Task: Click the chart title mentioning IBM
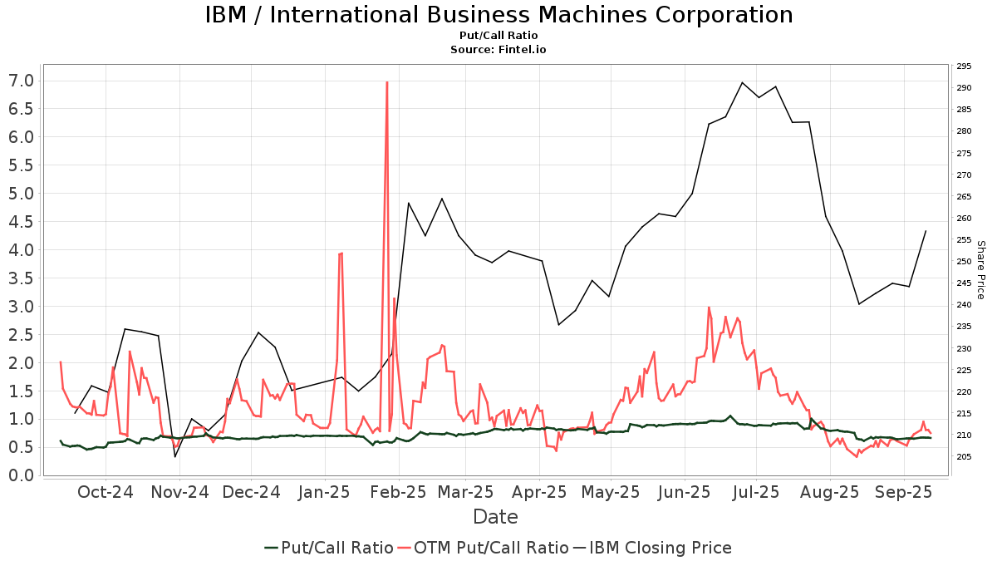498,15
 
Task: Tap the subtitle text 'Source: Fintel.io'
498,50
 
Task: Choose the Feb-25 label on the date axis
399,492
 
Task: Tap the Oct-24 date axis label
106,492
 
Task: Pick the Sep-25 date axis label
904,492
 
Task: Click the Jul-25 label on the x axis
756,492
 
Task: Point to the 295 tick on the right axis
964,66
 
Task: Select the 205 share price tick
964,457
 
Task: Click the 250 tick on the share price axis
964,262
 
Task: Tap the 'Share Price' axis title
980,270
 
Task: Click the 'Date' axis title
495,517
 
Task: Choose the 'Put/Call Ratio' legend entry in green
329,548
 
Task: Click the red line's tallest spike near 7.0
387,82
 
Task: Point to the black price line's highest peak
742,82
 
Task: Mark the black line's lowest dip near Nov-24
175,456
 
